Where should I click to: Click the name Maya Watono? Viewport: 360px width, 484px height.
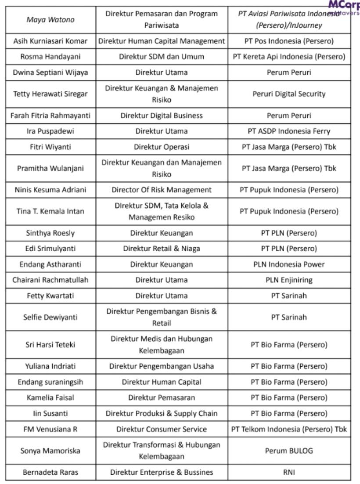pos(50,20)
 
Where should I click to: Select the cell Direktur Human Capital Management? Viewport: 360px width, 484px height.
pos(162,41)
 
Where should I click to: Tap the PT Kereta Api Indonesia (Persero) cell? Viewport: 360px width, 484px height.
pos(289,57)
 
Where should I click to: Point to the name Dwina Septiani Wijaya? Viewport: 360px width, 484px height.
pos(50,72)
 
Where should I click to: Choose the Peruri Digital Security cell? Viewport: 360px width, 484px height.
pos(289,94)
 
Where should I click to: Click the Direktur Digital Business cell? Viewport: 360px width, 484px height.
pos(162,116)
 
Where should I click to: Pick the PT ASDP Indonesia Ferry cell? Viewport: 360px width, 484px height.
pos(289,131)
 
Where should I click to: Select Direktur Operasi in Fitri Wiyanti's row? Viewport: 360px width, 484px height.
pos(162,147)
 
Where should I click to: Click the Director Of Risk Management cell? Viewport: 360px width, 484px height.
pos(162,190)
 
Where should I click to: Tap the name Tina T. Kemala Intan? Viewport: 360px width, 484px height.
pos(50,211)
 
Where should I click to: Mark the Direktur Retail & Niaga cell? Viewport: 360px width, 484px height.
pos(162,249)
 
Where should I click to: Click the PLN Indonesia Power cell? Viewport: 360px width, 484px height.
pos(289,264)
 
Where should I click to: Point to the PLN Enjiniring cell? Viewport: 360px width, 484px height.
pos(289,280)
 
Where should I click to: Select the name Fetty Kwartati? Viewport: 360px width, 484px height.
pos(50,296)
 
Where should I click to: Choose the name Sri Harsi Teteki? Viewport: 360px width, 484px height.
pos(50,345)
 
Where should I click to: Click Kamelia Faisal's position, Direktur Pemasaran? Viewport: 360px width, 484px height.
pos(162,397)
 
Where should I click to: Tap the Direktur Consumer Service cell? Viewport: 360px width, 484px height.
pos(162,429)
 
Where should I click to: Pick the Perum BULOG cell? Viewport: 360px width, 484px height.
pos(289,451)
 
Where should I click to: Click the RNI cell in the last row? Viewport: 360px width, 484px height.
pos(289,472)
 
